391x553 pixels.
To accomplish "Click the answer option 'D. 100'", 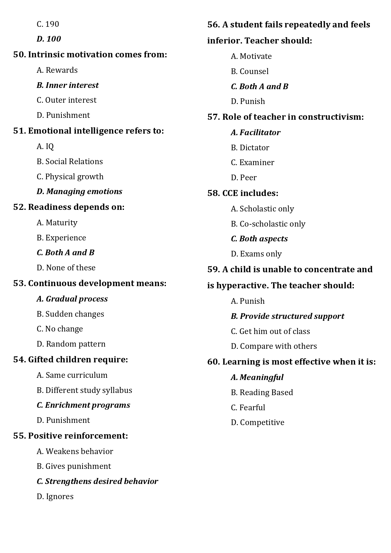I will (x=49, y=39).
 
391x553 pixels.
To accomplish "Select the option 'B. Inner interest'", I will (x=67, y=85).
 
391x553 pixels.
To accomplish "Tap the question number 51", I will (x=19, y=131).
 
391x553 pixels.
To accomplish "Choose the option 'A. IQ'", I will (x=45, y=147).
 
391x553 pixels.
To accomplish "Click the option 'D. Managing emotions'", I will (x=79, y=192).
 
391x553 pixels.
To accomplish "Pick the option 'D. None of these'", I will (x=66, y=268).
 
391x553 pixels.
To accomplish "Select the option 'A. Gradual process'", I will (x=72, y=299).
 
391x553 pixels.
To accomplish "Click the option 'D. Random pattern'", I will (x=71, y=344).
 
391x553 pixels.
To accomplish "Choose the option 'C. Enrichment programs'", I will (x=83, y=405).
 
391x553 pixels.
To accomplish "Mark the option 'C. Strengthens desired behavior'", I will (x=97, y=481).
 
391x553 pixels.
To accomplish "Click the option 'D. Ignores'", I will (x=55, y=497).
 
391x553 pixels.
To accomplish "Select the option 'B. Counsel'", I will (x=249, y=72).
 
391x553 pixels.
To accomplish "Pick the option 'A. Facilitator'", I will (x=255, y=133).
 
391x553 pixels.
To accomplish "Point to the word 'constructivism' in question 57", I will (x=330, y=117).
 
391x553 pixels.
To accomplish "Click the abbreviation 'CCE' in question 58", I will (x=230, y=193).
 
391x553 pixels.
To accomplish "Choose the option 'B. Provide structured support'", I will (x=287, y=316).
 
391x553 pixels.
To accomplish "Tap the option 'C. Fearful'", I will (x=248, y=408).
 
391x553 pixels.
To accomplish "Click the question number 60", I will (x=213, y=362).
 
